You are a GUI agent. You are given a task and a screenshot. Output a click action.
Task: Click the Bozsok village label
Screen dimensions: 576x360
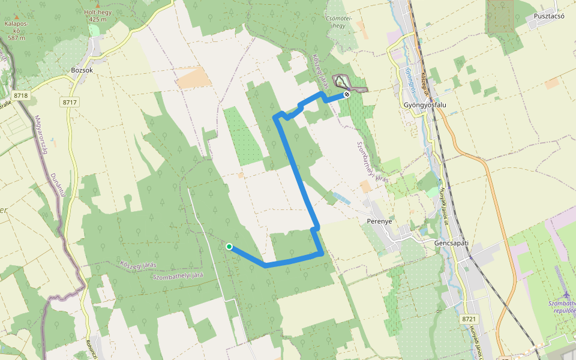[x=82, y=70]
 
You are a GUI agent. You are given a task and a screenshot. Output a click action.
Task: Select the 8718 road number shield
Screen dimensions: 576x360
[x=20, y=95]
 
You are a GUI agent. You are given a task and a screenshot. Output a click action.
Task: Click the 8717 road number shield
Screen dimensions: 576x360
[x=70, y=103]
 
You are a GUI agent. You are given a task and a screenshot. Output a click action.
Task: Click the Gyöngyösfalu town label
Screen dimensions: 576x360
[x=425, y=104]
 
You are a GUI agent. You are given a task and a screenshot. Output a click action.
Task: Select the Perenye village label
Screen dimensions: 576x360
[x=379, y=221]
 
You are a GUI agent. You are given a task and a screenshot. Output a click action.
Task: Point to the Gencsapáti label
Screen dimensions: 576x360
[x=451, y=244]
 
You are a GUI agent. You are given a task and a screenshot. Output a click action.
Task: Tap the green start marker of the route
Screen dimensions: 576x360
[x=229, y=246]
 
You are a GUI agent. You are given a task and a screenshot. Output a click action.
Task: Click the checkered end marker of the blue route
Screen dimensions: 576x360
[x=347, y=94]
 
